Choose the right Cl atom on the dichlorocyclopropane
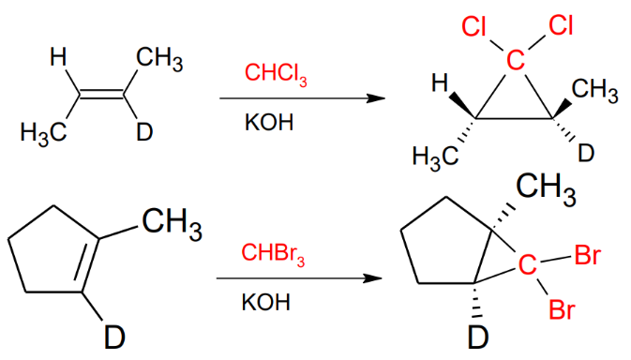click(x=559, y=25)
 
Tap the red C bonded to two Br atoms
click(x=529, y=268)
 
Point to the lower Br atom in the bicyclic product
click(x=562, y=310)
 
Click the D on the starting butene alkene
click(x=143, y=132)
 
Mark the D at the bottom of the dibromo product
click(x=478, y=337)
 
